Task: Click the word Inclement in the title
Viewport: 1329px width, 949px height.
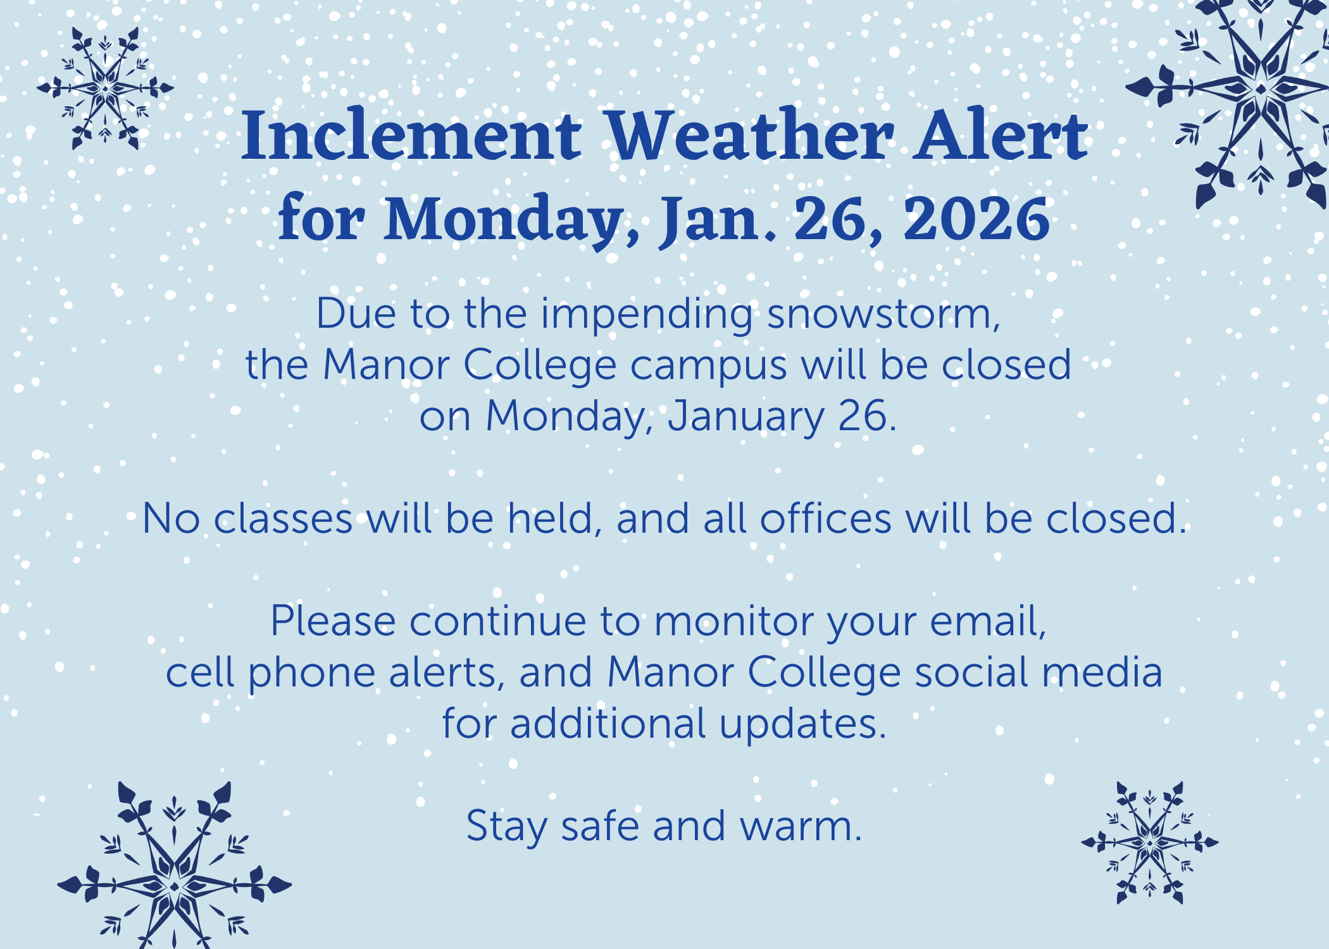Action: pyautogui.click(x=411, y=135)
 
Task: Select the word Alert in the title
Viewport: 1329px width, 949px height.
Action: pyautogui.click(x=1002, y=134)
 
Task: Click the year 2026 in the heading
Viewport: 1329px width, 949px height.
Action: pyautogui.click(x=976, y=219)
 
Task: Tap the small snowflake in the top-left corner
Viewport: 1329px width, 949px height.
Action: pyautogui.click(x=105, y=89)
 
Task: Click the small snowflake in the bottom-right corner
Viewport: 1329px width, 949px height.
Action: pyautogui.click(x=1149, y=843)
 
